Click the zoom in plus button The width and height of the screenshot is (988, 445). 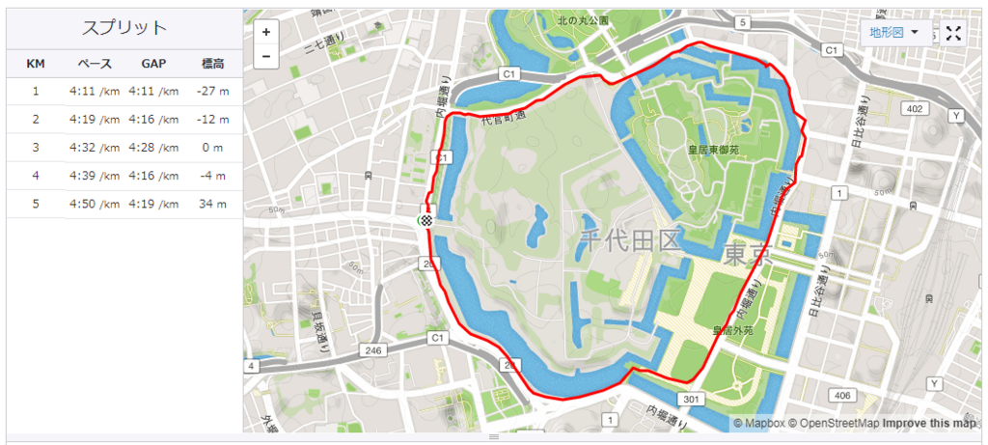tap(266, 32)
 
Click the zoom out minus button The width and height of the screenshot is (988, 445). tap(266, 56)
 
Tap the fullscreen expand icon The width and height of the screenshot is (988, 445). tap(953, 34)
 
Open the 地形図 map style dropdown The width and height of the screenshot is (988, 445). tap(893, 33)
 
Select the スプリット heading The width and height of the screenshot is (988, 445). tap(124, 28)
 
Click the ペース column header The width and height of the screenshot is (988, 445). tap(95, 64)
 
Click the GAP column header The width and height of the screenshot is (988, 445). tap(153, 64)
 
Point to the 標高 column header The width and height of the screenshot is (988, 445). tap(214, 64)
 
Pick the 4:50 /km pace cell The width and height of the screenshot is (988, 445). tap(95, 204)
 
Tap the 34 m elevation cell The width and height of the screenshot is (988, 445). tap(214, 204)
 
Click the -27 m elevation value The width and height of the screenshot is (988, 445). tap(214, 92)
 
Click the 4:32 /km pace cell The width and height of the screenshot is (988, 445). tap(95, 148)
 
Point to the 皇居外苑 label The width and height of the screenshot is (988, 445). tap(734, 330)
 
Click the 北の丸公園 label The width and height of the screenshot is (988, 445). tap(583, 20)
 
